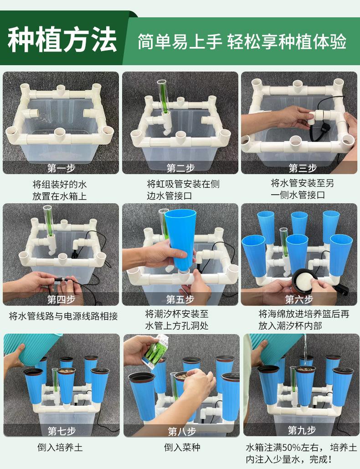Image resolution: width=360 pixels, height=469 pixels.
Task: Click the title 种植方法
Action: click(x=62, y=40)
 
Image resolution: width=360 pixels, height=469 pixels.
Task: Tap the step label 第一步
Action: click(x=62, y=168)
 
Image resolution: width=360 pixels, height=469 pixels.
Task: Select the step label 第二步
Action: click(x=180, y=168)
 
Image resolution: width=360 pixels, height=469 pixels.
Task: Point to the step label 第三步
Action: click(x=302, y=168)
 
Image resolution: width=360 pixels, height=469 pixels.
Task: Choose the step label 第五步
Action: click(x=180, y=299)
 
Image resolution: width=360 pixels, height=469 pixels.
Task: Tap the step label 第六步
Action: click(x=299, y=299)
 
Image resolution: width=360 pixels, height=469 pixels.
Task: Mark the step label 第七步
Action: click(x=62, y=431)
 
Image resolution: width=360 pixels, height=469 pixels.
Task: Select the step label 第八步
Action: click(x=182, y=431)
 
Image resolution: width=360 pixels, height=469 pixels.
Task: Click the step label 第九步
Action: click(x=302, y=430)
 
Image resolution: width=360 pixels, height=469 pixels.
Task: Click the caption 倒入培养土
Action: click(x=60, y=448)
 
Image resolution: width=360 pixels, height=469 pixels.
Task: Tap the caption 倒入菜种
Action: click(x=182, y=448)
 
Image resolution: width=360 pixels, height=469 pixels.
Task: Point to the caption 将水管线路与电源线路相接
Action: click(x=63, y=316)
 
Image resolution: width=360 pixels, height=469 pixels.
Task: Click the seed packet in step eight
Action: click(x=155, y=351)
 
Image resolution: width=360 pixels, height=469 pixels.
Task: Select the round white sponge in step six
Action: click(x=304, y=282)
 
